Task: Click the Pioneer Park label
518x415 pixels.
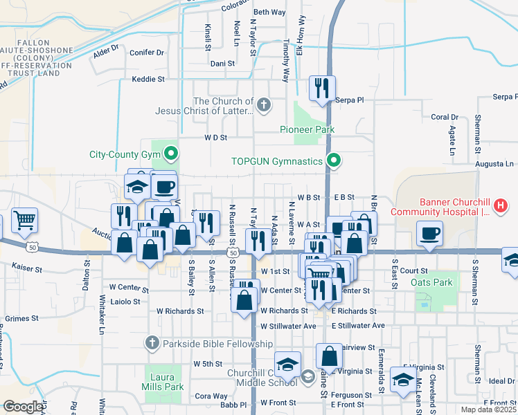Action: (x=307, y=129)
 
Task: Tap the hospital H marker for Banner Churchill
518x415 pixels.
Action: (x=499, y=205)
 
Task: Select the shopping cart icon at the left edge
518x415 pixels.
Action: (x=24, y=221)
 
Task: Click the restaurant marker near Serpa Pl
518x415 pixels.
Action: (x=322, y=88)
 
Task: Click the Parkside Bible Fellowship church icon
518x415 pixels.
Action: (x=152, y=343)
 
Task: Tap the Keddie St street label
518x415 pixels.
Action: (x=148, y=80)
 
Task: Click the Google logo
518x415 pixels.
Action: (x=23, y=407)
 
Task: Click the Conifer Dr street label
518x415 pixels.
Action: (x=146, y=52)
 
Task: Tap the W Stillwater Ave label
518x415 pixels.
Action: (x=288, y=326)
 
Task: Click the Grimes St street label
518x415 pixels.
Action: (x=21, y=318)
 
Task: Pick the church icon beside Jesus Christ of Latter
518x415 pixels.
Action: (x=262, y=105)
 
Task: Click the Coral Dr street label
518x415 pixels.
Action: (x=445, y=117)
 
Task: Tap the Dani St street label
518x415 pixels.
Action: (x=224, y=63)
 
